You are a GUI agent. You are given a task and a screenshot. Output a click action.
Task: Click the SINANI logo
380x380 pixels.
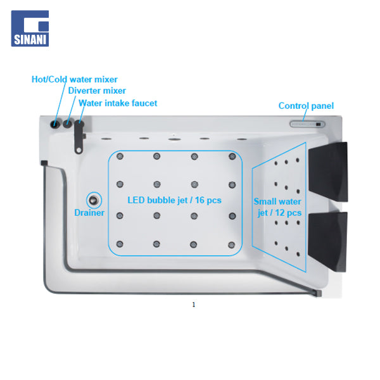coord(30,28)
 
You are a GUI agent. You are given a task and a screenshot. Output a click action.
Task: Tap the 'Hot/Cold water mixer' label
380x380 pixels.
coord(75,79)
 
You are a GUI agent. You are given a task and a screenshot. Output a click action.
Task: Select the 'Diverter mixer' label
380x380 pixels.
coord(97,91)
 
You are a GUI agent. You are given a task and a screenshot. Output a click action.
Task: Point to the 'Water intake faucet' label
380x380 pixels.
coord(118,103)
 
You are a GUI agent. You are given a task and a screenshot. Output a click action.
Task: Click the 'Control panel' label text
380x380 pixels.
coord(306,106)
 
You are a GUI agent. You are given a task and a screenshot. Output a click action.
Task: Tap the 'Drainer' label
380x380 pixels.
coord(89,213)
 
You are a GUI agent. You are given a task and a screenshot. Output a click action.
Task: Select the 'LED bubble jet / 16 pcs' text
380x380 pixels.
coord(175,200)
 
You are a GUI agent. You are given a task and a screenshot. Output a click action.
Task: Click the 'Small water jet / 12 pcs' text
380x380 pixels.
coord(277,207)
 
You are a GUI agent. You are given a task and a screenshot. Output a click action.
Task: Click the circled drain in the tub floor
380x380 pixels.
coord(94,200)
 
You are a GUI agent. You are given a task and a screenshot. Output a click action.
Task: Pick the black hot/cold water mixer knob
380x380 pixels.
coord(54,124)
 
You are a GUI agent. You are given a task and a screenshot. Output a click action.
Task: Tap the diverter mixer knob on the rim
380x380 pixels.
coord(68,124)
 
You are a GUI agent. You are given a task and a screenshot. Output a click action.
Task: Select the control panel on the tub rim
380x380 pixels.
coord(307,124)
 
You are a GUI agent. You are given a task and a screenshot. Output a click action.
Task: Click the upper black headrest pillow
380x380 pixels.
coord(328,172)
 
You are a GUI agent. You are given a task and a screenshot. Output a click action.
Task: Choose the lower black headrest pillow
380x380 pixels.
coord(327,242)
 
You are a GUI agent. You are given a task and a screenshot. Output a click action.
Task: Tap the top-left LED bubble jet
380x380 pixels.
coord(120,156)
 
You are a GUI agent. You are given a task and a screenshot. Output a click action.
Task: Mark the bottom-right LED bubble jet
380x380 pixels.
coord(232,244)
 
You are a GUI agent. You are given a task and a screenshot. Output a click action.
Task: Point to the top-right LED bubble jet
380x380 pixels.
coord(232,156)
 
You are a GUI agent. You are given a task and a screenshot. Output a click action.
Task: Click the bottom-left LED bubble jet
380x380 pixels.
coord(120,244)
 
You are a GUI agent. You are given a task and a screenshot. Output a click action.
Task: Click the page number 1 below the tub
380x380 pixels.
coord(193,305)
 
